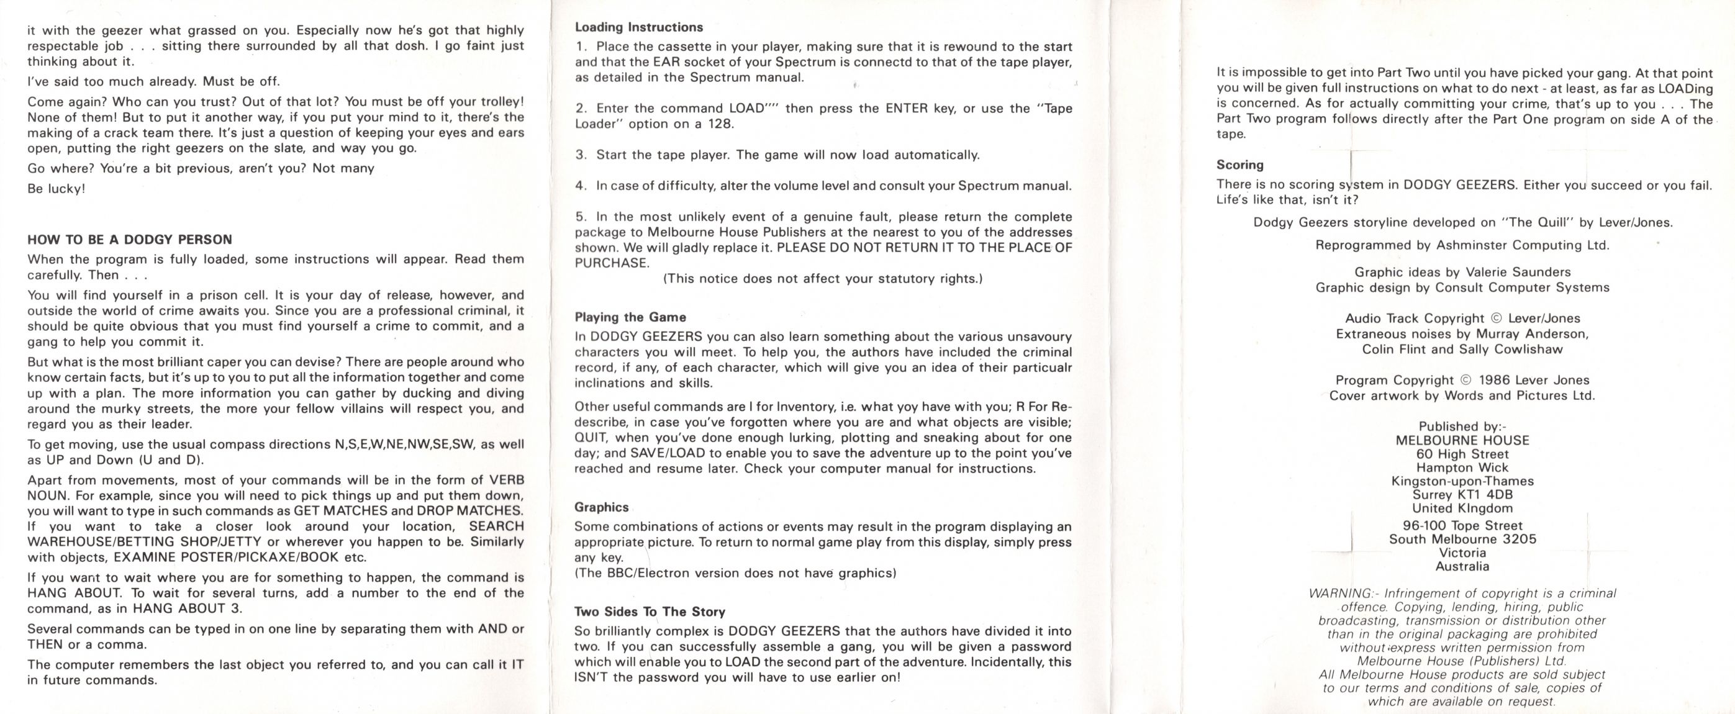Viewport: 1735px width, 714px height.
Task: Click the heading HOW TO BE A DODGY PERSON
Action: (129, 240)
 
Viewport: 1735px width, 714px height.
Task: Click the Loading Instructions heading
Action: (638, 27)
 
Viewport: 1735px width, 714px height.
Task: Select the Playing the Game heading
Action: (630, 317)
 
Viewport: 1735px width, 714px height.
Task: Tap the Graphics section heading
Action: (602, 507)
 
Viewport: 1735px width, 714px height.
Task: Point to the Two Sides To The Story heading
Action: (650, 612)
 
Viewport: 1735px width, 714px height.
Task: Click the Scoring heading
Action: (1239, 165)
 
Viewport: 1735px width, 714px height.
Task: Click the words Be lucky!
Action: (57, 189)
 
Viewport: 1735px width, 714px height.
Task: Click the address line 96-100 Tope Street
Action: (1462, 525)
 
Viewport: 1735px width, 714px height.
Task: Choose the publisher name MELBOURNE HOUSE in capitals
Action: (1462, 441)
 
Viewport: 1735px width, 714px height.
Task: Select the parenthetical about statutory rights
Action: (822, 279)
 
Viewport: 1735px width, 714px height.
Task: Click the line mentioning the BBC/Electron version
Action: (735, 573)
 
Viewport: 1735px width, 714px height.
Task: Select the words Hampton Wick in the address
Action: (1462, 468)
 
